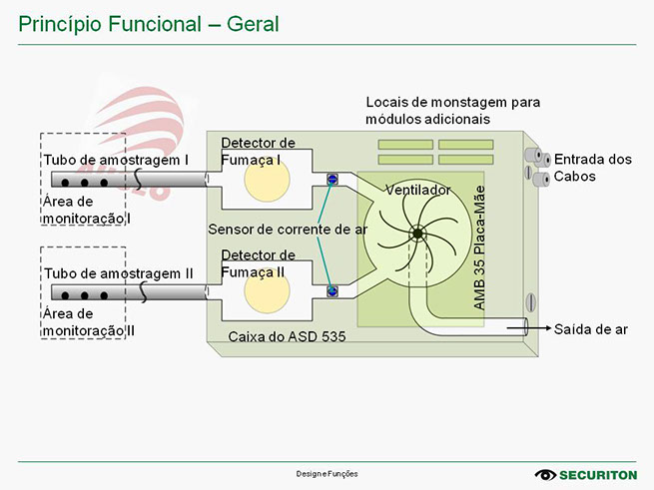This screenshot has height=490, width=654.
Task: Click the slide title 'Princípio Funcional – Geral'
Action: pyautogui.click(x=149, y=22)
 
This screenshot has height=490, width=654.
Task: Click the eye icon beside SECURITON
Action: pyautogui.click(x=546, y=474)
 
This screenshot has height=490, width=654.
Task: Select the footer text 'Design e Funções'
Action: pyautogui.click(x=327, y=473)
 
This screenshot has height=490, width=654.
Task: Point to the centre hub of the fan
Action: pyautogui.click(x=416, y=234)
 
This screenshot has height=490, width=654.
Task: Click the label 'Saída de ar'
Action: pyautogui.click(x=591, y=329)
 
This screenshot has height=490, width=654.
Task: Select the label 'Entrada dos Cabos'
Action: pyautogui.click(x=593, y=168)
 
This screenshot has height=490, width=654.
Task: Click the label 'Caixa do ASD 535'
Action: pyautogui.click(x=287, y=337)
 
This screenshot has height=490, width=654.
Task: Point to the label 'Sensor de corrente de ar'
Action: pyautogui.click(x=288, y=230)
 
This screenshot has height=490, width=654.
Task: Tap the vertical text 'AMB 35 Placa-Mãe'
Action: pyautogui.click(x=480, y=246)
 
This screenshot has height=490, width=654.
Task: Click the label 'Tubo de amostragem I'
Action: pyautogui.click(x=116, y=160)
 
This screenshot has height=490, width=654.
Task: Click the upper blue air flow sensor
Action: pyautogui.click(x=332, y=180)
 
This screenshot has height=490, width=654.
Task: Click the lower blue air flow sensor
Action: pyautogui.click(x=332, y=290)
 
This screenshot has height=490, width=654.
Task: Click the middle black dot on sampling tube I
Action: pyautogui.click(x=84, y=184)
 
